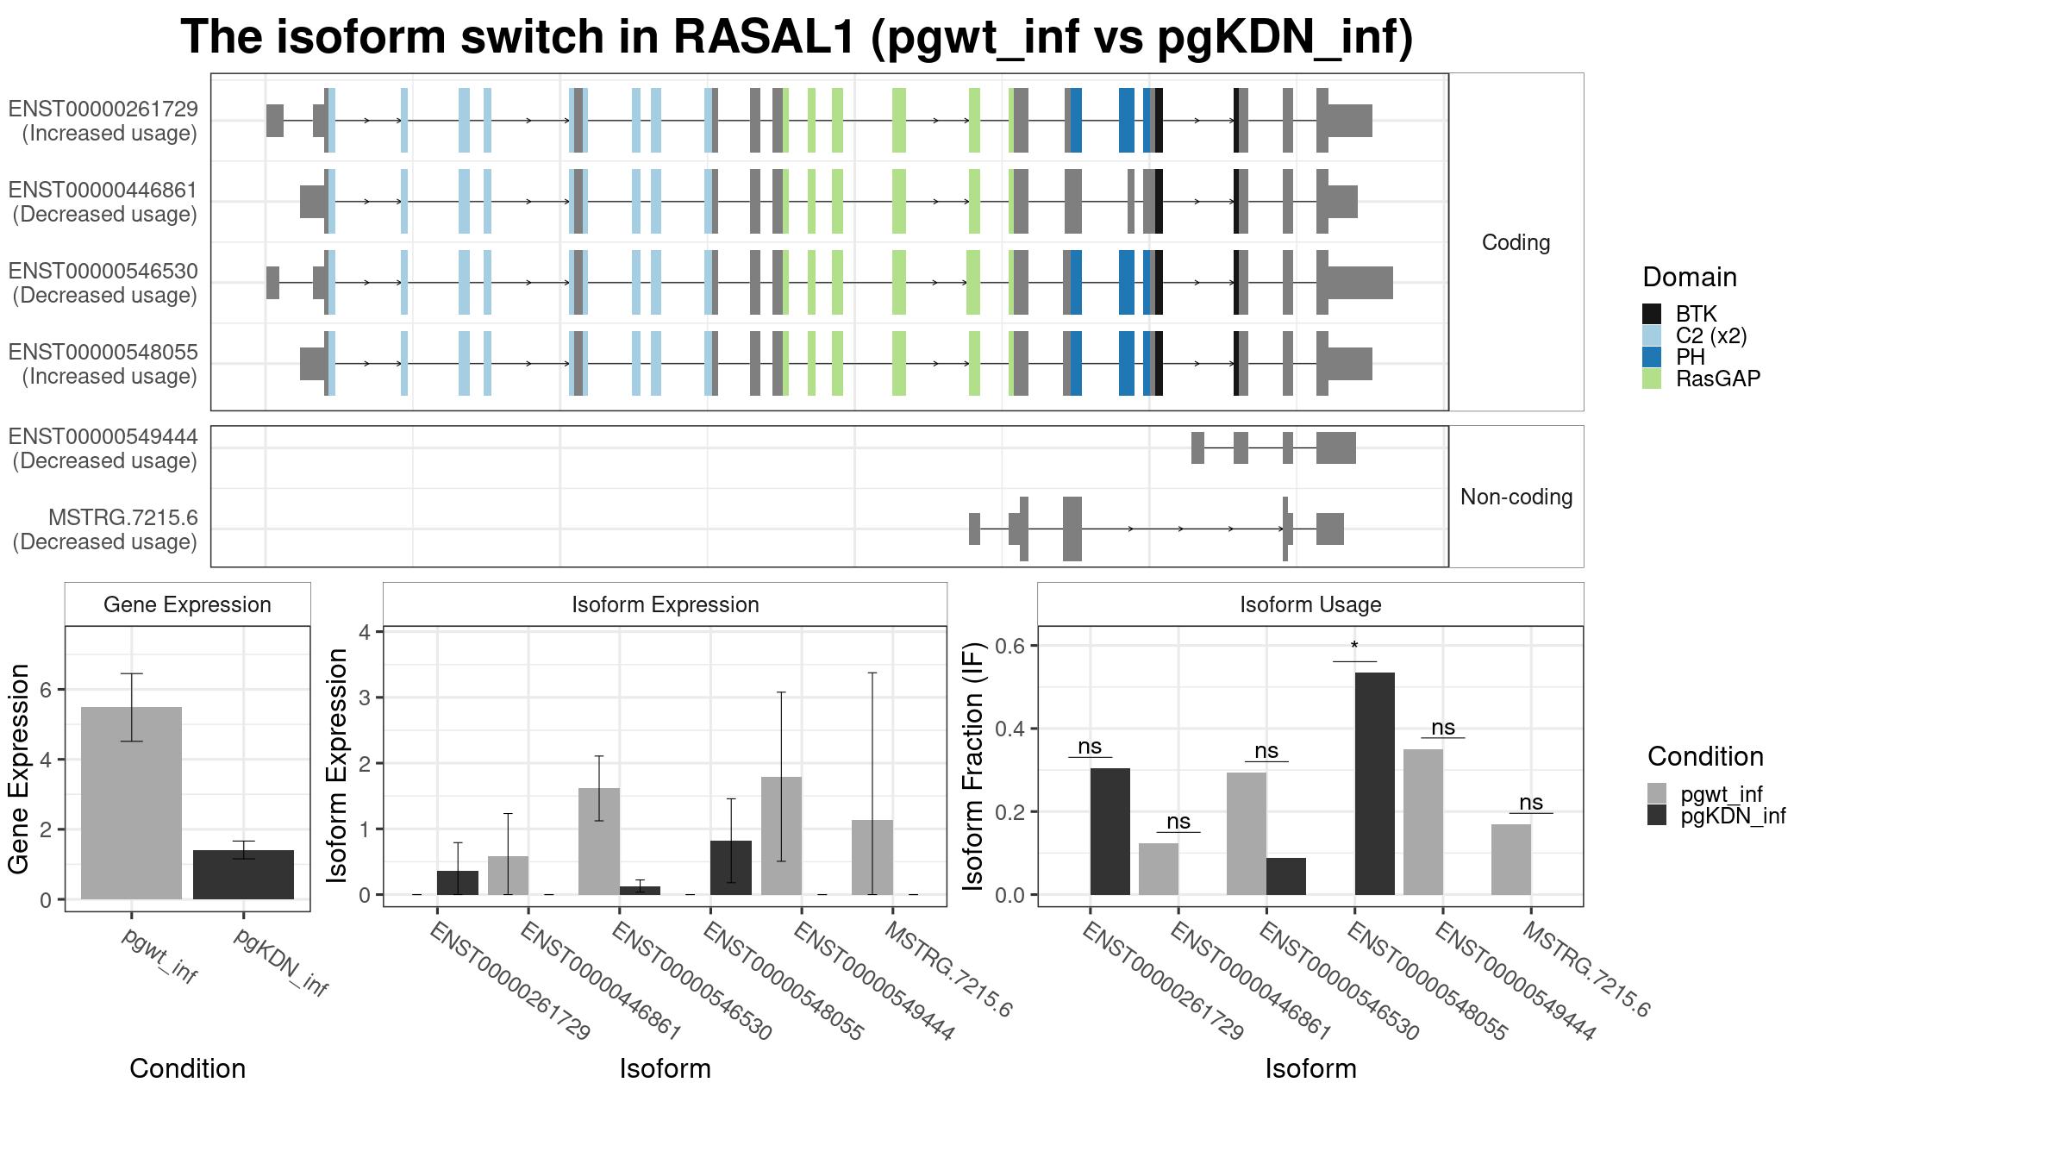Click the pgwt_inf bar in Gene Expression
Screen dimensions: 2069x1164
tap(131, 803)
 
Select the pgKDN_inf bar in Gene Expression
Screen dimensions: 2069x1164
tap(243, 874)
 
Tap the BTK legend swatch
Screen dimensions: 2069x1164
tap(1652, 314)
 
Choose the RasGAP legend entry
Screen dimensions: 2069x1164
tap(1702, 379)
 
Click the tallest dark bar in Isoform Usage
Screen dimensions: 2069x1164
tap(1374, 784)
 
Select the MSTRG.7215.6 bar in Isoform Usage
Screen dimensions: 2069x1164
tap(1511, 860)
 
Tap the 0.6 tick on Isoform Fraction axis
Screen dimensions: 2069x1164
tap(1016, 646)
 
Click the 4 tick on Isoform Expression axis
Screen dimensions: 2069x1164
tap(365, 632)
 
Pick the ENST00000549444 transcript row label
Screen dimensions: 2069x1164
tap(104, 449)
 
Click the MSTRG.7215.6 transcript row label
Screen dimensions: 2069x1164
tap(104, 529)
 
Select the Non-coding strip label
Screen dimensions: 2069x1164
tap(1516, 497)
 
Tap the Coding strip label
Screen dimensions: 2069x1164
tap(1516, 242)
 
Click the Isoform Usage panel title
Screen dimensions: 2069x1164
tap(1310, 604)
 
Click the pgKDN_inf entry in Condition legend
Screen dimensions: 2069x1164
tap(1716, 816)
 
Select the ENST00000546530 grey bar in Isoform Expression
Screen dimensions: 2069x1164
tap(598, 842)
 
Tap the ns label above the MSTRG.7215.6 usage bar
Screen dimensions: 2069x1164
tap(1530, 803)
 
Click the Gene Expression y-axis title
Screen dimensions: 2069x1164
tap(19, 768)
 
